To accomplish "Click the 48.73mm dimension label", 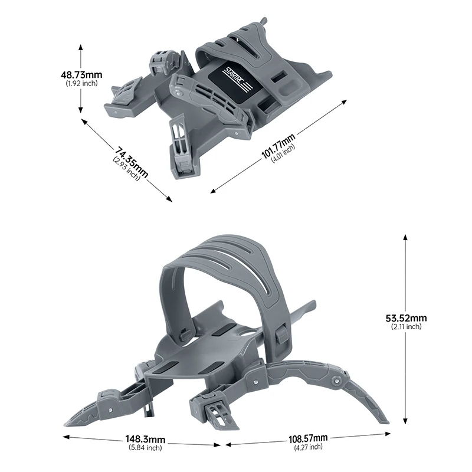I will click(x=81, y=75).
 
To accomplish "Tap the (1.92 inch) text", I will click(x=81, y=83).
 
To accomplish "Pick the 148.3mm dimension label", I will click(x=145, y=440).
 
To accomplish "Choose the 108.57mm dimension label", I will click(x=308, y=440).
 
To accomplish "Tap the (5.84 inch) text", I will click(x=145, y=448).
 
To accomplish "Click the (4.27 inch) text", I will click(x=308, y=448).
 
